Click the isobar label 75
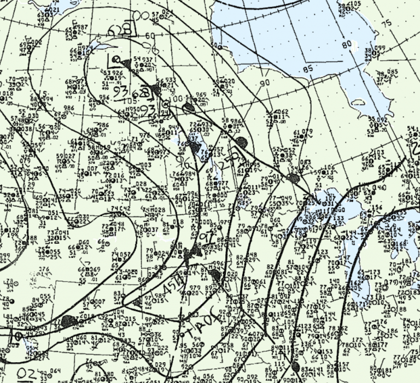pyautogui.click(x=387, y=23)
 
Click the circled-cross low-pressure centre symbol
pyautogui.click(x=166, y=104)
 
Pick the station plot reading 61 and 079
pyautogui.click(x=303, y=134)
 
